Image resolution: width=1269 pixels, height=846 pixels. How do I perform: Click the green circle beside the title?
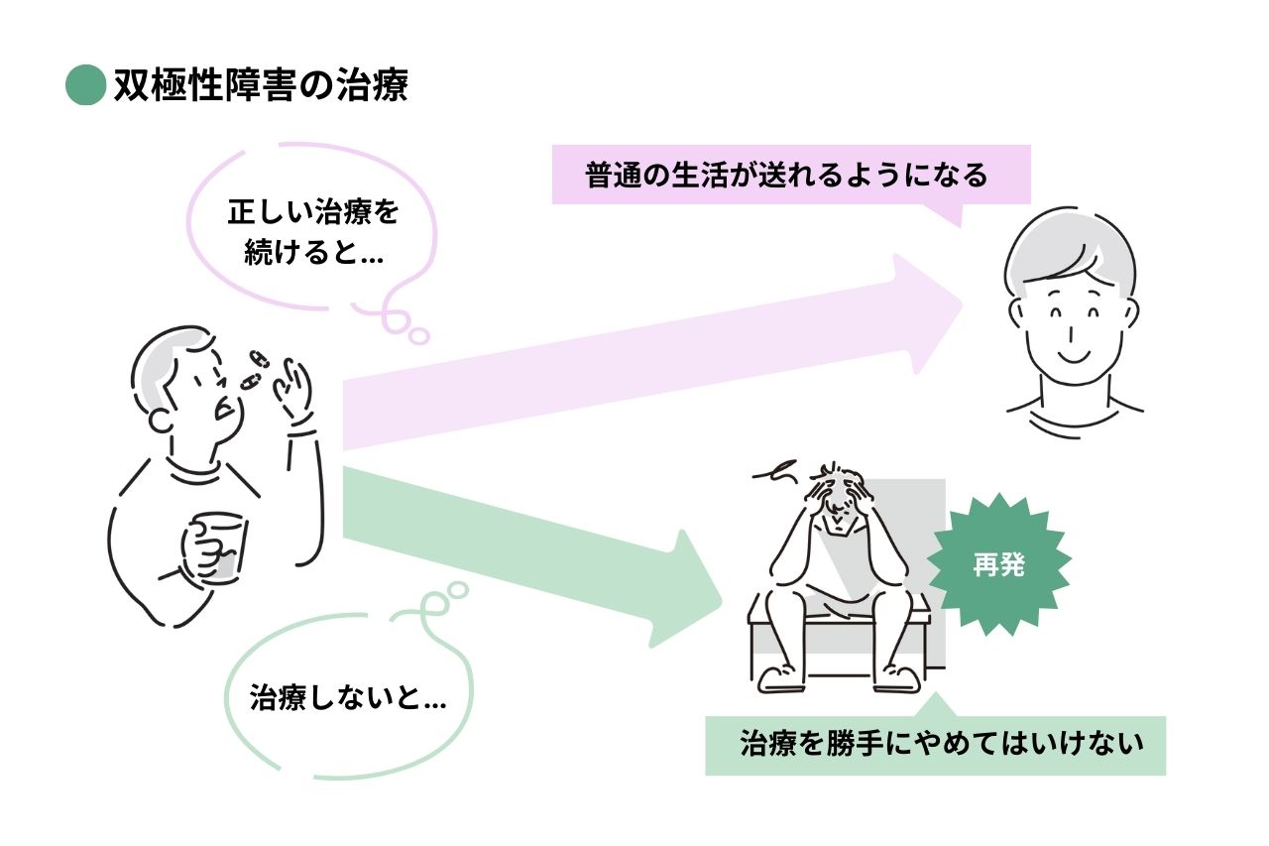click(85, 85)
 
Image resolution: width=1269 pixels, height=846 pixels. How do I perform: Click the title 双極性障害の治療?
click(261, 86)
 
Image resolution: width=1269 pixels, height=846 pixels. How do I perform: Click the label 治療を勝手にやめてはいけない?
click(935, 744)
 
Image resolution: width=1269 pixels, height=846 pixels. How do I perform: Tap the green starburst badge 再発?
click(998, 565)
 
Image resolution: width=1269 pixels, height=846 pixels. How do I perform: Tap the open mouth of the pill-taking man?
click(226, 408)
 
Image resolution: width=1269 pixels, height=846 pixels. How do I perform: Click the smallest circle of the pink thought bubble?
click(420, 336)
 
